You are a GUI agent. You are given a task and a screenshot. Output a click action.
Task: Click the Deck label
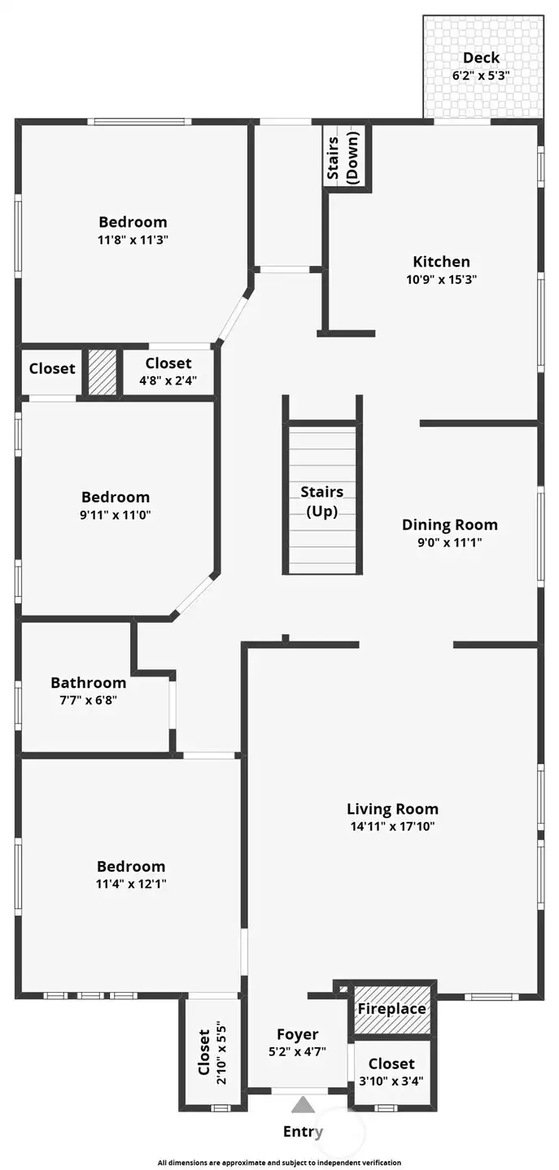click(x=481, y=58)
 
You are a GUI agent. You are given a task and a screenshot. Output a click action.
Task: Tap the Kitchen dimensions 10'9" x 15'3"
click(x=442, y=279)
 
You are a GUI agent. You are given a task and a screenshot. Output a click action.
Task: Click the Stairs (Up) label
click(x=321, y=502)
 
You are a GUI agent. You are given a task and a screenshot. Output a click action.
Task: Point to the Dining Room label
click(x=449, y=524)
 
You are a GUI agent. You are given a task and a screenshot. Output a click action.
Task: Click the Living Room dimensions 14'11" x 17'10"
click(x=392, y=827)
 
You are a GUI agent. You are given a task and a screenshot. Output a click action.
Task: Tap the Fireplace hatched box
click(x=392, y=1009)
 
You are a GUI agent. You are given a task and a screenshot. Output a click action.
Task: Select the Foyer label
click(x=297, y=1034)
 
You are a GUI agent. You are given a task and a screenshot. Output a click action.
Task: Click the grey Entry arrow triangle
click(x=304, y=1104)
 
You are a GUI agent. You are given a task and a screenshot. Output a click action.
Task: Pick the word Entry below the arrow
click(x=303, y=1131)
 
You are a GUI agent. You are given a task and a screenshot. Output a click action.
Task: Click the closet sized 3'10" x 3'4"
click(x=391, y=1072)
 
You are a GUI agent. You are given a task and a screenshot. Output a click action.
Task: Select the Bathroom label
click(x=88, y=683)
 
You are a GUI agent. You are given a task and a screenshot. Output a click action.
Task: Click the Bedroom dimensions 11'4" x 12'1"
click(x=131, y=884)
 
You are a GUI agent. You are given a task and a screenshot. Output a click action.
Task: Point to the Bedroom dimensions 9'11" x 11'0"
click(x=116, y=515)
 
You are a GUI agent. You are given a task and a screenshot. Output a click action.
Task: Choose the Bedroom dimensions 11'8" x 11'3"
click(x=133, y=240)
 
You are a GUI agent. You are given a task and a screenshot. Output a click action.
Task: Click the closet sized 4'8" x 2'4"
click(x=168, y=372)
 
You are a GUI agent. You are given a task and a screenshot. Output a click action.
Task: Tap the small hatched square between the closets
click(x=102, y=372)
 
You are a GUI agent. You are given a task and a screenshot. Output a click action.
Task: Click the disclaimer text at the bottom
click(x=279, y=1163)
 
